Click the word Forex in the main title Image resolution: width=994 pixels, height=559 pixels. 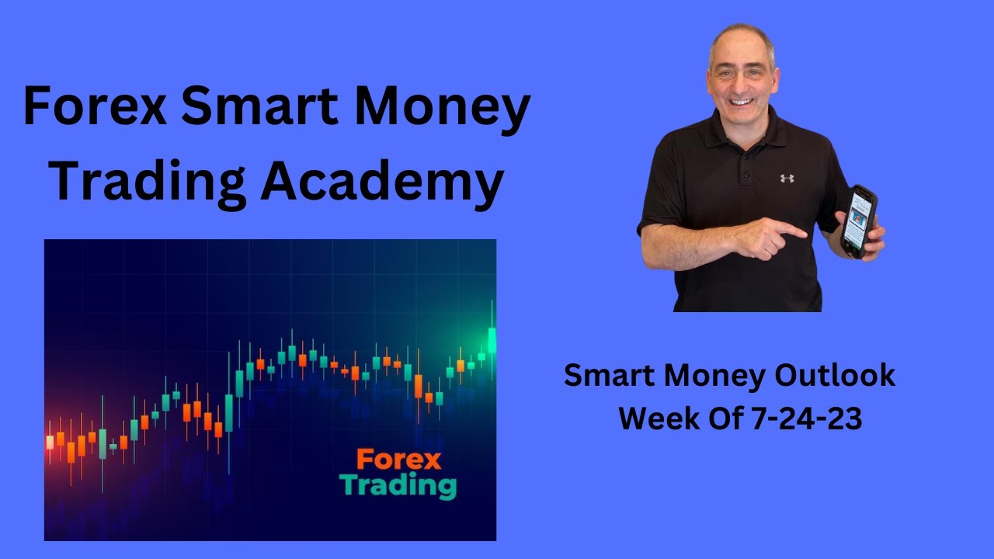tap(95, 108)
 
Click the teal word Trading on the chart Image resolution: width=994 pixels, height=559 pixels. tap(398, 486)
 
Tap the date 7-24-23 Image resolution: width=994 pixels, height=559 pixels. tap(807, 419)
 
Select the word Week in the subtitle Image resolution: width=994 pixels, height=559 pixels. tap(656, 419)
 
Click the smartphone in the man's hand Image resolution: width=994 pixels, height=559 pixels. tap(859, 220)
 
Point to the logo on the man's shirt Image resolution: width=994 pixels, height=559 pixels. tap(787, 178)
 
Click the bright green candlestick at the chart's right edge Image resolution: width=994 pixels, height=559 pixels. tap(492, 339)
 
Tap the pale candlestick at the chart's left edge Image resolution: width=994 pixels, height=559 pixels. tap(50, 442)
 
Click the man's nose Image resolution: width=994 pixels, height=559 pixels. tap(741, 83)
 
